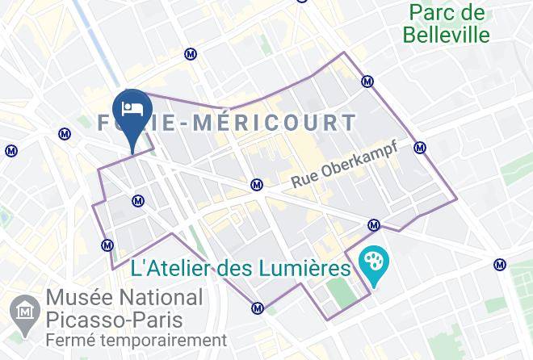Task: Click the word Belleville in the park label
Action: coord(449,35)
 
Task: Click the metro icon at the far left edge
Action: coord(11,150)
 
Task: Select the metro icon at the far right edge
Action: coord(501,264)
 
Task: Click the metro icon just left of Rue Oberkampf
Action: coord(256,184)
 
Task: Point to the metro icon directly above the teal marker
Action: coord(373,225)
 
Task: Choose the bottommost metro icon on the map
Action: coord(258,307)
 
